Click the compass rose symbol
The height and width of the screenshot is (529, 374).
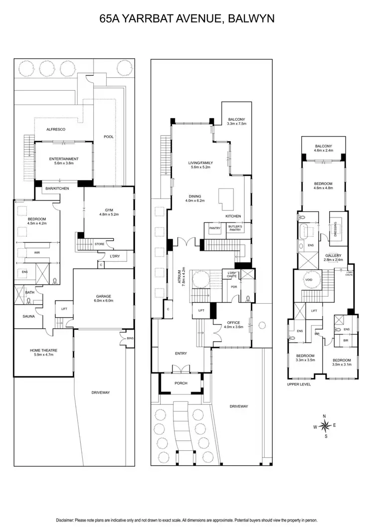click(326, 425)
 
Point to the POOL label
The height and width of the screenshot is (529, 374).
click(109, 137)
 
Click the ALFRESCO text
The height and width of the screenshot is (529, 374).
click(56, 129)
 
